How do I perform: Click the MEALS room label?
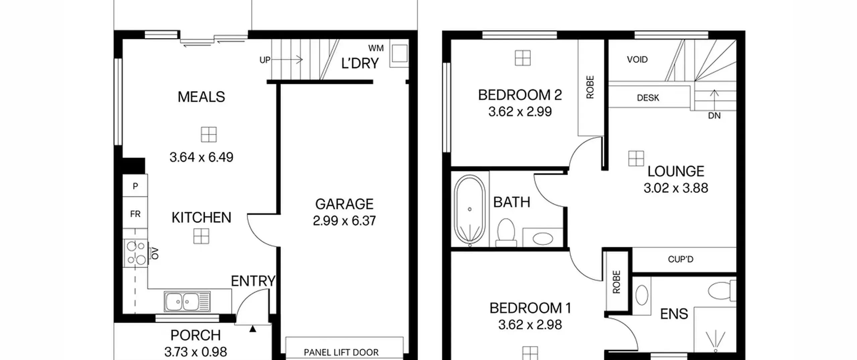[201, 97]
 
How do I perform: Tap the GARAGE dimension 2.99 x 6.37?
[344, 221]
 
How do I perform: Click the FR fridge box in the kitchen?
[135, 214]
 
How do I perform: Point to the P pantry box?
[135, 186]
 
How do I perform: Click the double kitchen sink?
[187, 301]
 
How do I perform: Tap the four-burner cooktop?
[136, 253]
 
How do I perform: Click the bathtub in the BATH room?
[470, 211]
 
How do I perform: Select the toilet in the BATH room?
[506, 232]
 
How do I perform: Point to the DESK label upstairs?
[648, 98]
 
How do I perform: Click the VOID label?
[637, 60]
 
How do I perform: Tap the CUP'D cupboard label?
[681, 259]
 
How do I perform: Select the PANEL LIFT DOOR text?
[341, 352]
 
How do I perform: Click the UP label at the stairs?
[265, 60]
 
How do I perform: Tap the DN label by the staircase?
[714, 116]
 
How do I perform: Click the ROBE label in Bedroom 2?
[590, 87]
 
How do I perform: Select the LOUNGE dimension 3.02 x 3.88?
[676, 188]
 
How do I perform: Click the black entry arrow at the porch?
[253, 329]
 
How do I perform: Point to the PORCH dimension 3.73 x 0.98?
[196, 352]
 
